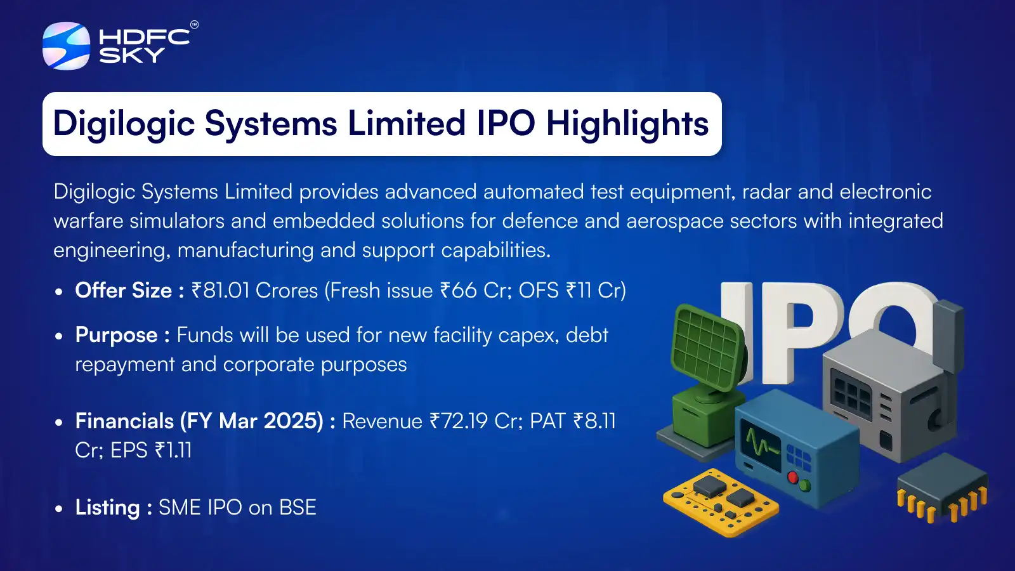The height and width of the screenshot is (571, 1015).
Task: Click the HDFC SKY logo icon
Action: pyautogui.click(x=66, y=46)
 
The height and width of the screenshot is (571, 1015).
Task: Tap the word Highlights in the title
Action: pyautogui.click(x=627, y=124)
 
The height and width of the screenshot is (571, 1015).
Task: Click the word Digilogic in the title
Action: pyautogui.click(x=123, y=124)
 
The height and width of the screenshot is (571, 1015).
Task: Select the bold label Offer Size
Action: pyautogui.click(x=123, y=291)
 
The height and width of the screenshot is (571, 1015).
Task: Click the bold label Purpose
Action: pyautogui.click(x=116, y=335)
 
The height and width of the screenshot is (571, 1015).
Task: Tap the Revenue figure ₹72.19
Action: pyautogui.click(x=459, y=421)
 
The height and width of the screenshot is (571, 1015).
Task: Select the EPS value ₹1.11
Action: pyautogui.click(x=173, y=450)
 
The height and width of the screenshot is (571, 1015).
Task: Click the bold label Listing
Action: pyautogui.click(x=107, y=508)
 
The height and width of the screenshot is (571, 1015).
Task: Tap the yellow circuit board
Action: pyautogui.click(x=720, y=501)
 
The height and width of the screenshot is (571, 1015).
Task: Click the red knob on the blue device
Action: pyautogui.click(x=792, y=477)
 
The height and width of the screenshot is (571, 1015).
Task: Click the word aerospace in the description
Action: pyautogui.click(x=674, y=221)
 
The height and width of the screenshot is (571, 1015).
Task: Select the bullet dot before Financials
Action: pyautogui.click(x=59, y=422)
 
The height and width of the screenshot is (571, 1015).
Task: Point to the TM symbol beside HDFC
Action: pyautogui.click(x=194, y=25)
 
